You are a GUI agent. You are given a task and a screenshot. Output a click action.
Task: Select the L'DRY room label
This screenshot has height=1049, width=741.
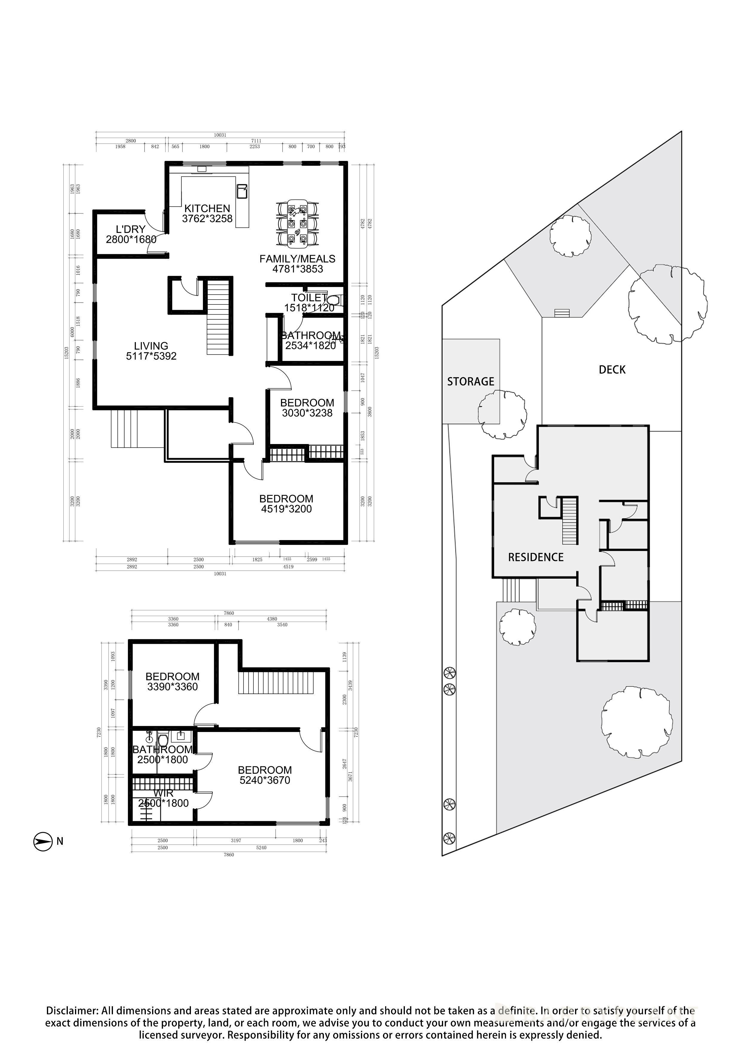[131, 229]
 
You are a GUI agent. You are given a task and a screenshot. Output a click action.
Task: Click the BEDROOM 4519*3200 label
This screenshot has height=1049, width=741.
[286, 499]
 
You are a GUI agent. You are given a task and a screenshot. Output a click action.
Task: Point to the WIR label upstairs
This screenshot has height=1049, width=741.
[163, 794]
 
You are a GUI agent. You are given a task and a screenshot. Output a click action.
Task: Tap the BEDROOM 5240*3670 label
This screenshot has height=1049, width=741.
[265, 770]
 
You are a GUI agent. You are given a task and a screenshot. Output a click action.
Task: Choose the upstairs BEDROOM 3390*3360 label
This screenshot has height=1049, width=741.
[173, 677]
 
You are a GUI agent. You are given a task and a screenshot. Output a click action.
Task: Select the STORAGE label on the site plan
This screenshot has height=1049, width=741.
[470, 382]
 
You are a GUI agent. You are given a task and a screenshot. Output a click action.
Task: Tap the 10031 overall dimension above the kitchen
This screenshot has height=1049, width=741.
[220, 135]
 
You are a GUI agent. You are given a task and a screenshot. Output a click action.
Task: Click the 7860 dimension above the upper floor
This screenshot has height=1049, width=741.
[229, 613]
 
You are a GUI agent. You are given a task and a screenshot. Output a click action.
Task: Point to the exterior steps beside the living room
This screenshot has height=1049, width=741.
[124, 429]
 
